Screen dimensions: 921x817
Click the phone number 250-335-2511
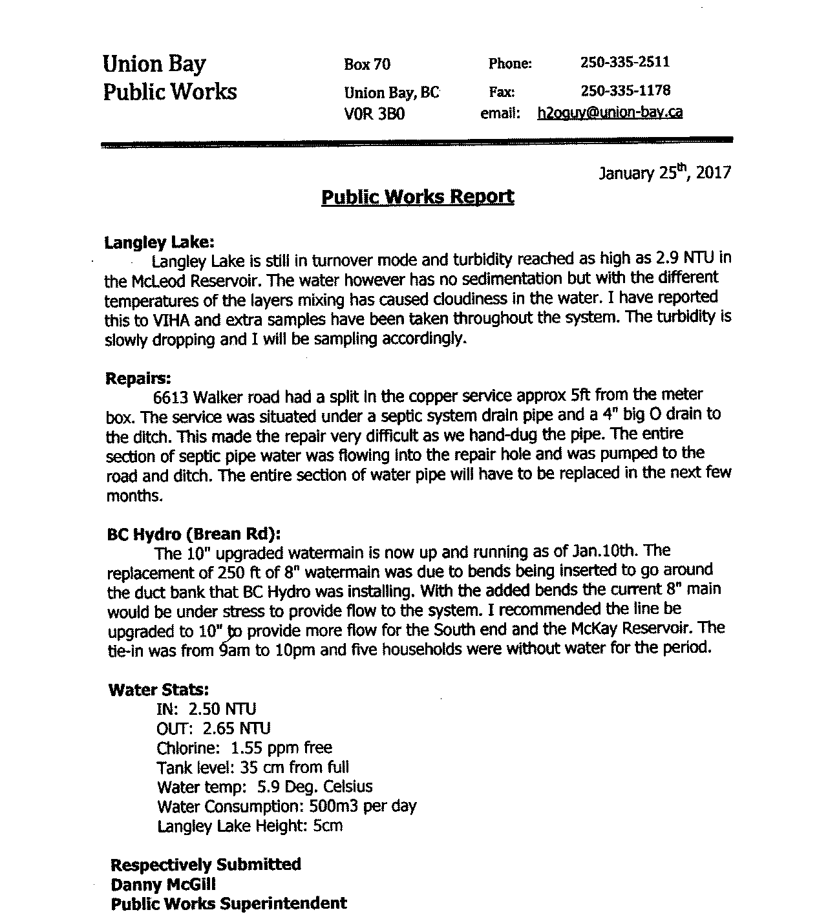(x=624, y=63)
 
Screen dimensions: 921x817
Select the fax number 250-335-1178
(x=625, y=90)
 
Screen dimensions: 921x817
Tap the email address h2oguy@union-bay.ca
(x=610, y=112)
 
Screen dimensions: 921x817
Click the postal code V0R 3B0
(x=375, y=114)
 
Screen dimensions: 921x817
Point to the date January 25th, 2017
(x=664, y=173)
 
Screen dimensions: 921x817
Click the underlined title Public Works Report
(x=418, y=197)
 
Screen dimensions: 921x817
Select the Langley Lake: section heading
(x=159, y=242)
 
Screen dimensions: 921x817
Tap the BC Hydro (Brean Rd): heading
(x=194, y=535)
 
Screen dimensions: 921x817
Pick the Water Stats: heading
(x=159, y=690)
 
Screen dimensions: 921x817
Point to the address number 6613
(x=171, y=396)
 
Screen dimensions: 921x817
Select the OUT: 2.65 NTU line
(x=213, y=729)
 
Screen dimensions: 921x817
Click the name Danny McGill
(x=163, y=884)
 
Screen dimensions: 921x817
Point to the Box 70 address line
(x=367, y=64)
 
